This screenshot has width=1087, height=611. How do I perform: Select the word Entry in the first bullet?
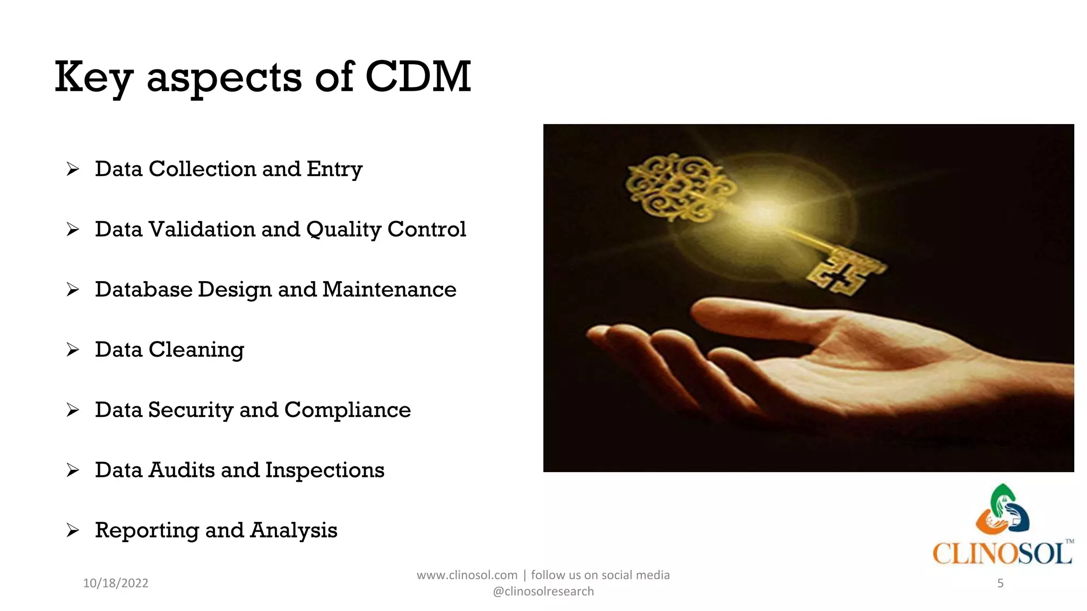[334, 170]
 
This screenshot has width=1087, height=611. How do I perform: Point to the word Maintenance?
[389, 290]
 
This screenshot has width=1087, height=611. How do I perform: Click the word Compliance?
[347, 411]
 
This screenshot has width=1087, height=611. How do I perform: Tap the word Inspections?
[324, 470]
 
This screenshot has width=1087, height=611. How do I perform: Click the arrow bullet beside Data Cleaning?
[73, 350]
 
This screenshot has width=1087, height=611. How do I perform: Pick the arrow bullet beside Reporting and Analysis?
[73, 530]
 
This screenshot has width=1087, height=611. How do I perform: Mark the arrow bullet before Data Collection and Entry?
[73, 169]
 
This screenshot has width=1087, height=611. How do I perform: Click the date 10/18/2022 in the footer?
[116, 583]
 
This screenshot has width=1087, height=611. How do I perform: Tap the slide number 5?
[1000, 583]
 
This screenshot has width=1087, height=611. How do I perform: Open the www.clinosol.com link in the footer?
[467, 575]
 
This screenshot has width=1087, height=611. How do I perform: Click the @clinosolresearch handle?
[543, 591]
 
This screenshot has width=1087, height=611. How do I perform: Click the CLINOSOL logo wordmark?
[1002, 554]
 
